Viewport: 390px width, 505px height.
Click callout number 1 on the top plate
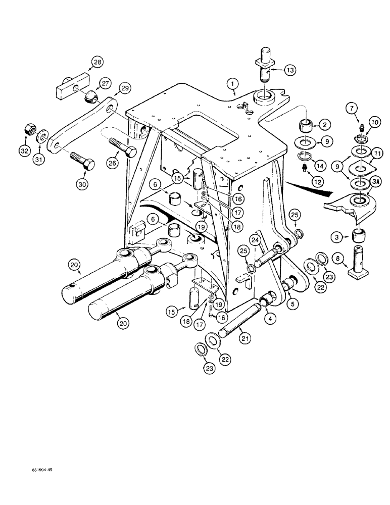231,82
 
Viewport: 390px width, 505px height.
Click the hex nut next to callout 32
28,132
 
